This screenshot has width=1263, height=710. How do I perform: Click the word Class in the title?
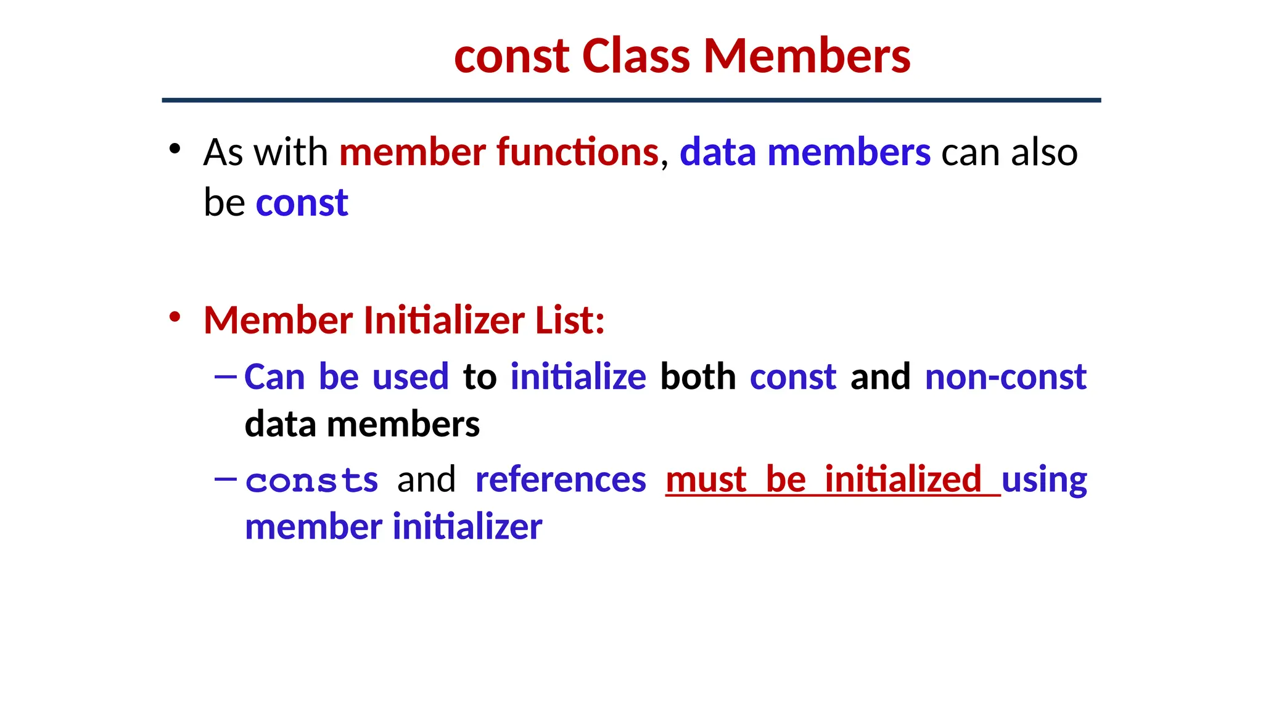tap(635, 56)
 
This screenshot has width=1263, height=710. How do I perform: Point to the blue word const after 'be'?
tap(302, 203)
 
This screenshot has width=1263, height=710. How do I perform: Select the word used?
tap(411, 377)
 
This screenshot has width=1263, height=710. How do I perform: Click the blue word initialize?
tap(578, 377)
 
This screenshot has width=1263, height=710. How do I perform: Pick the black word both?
tap(698, 377)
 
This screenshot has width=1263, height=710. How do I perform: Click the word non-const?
tap(1005, 377)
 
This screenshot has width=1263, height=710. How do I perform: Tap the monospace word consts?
tap(312, 480)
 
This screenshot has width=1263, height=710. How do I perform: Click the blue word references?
tap(561, 479)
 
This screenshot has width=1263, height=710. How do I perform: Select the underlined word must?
tap(706, 479)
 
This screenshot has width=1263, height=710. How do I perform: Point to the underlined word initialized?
tap(903, 479)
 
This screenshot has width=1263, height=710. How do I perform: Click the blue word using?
tap(1044, 481)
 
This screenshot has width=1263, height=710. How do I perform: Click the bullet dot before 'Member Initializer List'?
tap(175, 317)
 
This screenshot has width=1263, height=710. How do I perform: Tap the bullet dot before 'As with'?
tap(175, 149)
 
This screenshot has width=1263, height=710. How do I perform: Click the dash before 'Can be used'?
tap(225, 375)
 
